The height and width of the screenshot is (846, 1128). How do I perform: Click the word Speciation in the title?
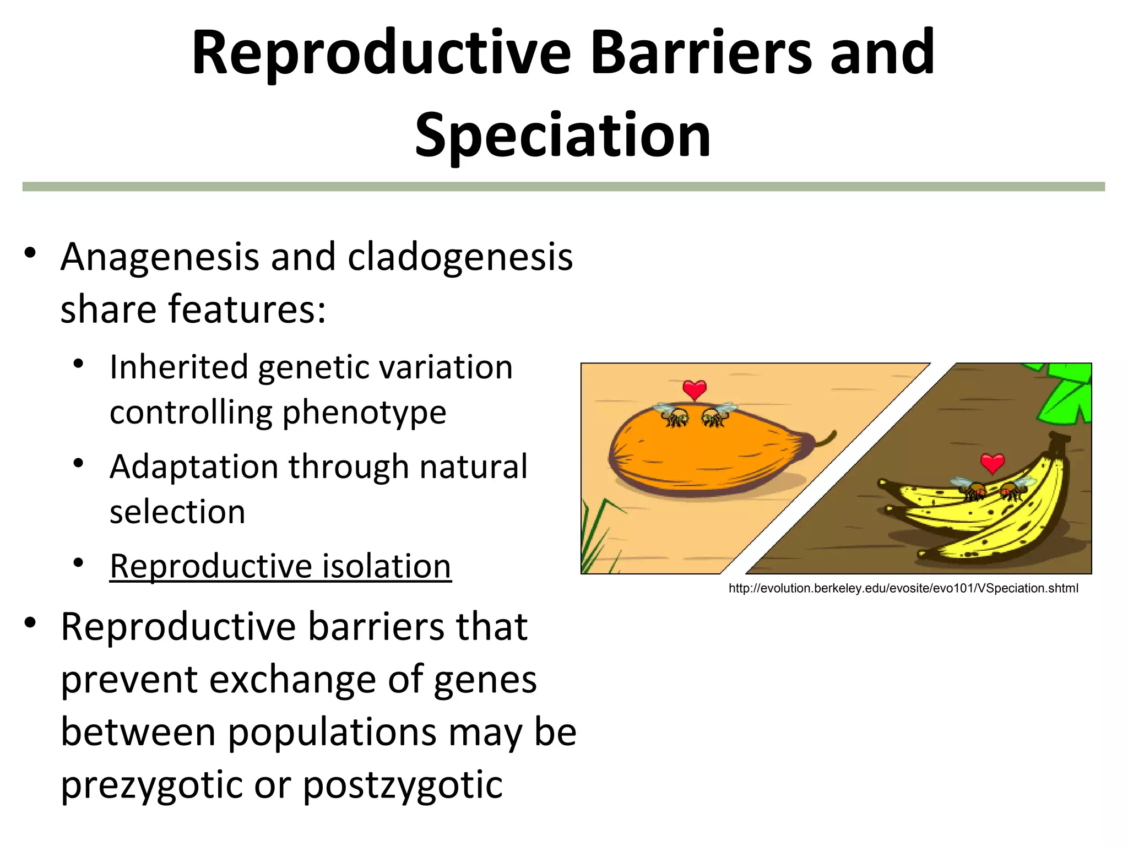coord(562,135)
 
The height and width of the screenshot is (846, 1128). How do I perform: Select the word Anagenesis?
coord(160,257)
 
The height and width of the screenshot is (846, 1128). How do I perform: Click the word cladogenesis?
coord(460,257)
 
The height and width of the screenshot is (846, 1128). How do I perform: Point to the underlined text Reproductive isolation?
coord(280,566)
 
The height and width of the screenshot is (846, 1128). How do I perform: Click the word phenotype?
coord(364,413)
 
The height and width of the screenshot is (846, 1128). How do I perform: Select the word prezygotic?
coord(149,784)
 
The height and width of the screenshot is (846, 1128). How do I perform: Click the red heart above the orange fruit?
coord(694,390)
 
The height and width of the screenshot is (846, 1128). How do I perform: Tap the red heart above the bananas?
coord(993,463)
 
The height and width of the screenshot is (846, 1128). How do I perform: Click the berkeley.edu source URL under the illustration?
coord(903,588)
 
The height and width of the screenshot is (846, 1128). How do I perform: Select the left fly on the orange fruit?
coord(673,415)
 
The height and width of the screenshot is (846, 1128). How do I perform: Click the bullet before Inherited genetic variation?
coord(79,364)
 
